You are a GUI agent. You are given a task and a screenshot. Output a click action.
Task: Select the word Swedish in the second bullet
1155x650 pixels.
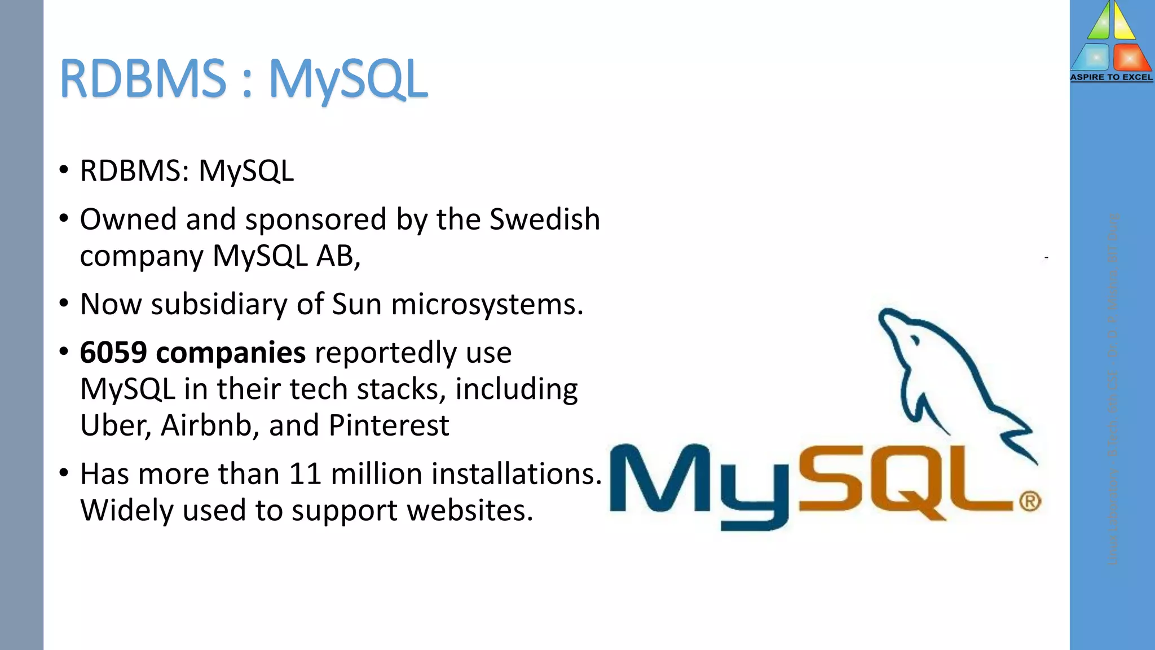(x=544, y=219)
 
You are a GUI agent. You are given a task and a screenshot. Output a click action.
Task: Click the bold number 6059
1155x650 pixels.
(x=113, y=353)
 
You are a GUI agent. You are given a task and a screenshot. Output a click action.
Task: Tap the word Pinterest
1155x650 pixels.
(x=389, y=425)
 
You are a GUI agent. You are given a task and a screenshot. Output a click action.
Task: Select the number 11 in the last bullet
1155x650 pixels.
(x=305, y=474)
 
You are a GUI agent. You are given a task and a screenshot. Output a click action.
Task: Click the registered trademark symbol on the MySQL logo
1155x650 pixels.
(x=1030, y=501)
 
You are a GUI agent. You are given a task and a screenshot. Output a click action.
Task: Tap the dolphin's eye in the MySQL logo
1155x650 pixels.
(x=915, y=340)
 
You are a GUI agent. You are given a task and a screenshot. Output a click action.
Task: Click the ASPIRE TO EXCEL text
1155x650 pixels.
(x=1111, y=77)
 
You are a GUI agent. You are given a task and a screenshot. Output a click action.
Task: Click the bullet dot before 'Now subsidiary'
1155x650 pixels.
(x=64, y=304)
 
